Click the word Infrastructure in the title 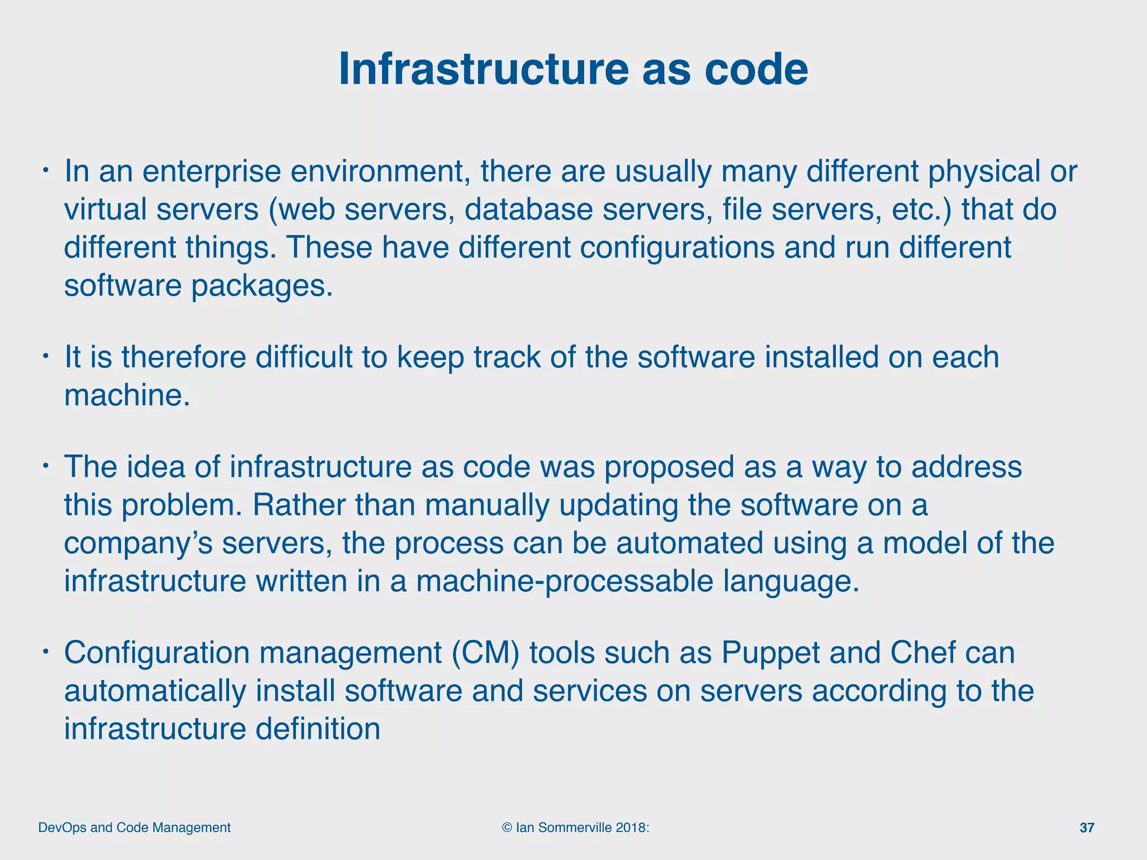484,69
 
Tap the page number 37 1087,828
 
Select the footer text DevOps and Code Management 134,828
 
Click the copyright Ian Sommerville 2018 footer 576,828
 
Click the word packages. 262,287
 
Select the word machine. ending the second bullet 127,395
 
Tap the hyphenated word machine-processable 565,581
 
